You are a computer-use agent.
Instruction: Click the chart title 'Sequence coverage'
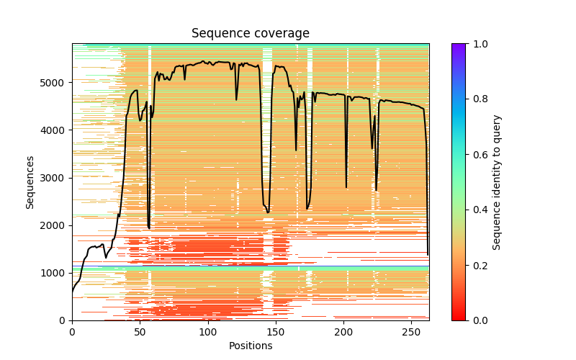(251, 34)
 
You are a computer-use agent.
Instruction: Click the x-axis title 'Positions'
(251, 346)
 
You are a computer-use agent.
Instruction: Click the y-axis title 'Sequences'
(30, 181)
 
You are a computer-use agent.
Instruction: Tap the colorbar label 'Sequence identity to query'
(498, 181)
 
